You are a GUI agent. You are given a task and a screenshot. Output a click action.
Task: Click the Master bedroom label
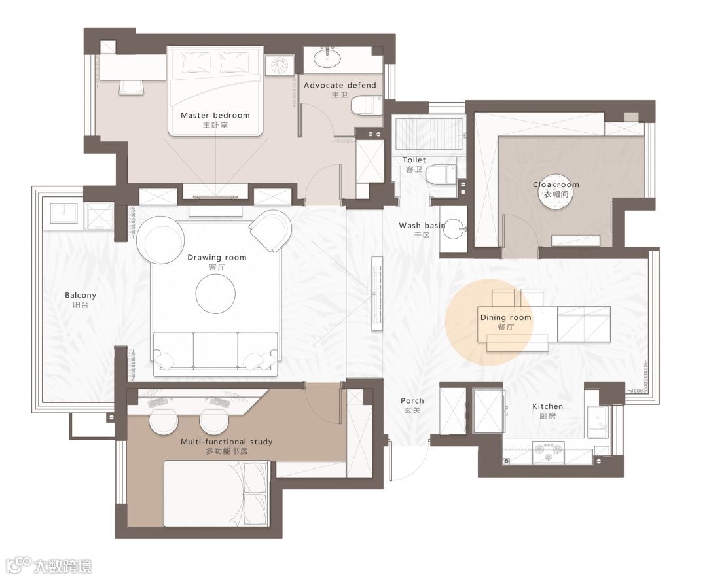[x=215, y=115]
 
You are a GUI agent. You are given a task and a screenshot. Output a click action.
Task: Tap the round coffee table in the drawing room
[x=215, y=294]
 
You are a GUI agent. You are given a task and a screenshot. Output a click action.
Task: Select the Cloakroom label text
[x=556, y=184]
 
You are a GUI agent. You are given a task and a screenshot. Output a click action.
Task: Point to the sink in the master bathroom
[x=327, y=58]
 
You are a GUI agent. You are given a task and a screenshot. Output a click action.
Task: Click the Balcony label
[x=81, y=295]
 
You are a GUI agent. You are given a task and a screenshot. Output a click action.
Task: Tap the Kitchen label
[x=547, y=406]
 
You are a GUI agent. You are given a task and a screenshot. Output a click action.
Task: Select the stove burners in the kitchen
[x=548, y=452]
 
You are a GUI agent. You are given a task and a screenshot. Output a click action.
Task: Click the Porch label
[x=412, y=400]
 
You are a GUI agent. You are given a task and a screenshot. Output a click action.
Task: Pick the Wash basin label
[x=422, y=225]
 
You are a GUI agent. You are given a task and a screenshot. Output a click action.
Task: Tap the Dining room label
[x=505, y=317]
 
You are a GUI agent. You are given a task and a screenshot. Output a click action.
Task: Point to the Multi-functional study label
[x=227, y=442]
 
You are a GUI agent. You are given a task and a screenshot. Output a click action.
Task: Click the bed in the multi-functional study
[x=217, y=493]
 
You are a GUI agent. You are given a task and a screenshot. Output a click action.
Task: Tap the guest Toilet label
[x=414, y=160]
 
